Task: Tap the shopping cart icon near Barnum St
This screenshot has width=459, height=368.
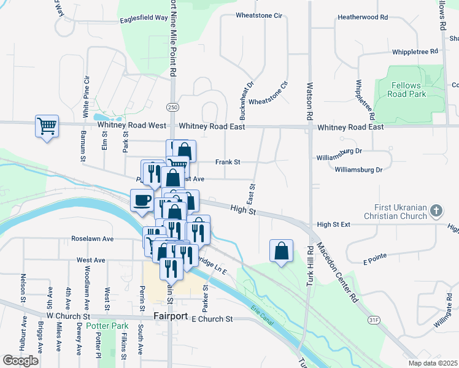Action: pos(47,126)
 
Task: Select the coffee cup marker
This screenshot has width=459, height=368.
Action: pos(142,200)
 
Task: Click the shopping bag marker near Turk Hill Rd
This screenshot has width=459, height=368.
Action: pos(281,250)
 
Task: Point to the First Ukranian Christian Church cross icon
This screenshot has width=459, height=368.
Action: pos(436,212)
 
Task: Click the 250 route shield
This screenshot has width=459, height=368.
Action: pos(173,107)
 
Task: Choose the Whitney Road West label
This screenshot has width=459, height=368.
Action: pos(132,126)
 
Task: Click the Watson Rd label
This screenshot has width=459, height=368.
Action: pos(310,101)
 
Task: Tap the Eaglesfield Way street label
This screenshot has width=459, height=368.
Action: pos(145,18)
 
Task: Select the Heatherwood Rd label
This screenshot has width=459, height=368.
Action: pos(363,18)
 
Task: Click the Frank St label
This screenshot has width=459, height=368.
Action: pos(227,163)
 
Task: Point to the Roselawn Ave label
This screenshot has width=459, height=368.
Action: pos(93,239)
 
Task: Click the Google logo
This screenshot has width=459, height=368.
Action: pos(21,361)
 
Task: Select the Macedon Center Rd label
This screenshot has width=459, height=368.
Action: pos(353,270)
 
